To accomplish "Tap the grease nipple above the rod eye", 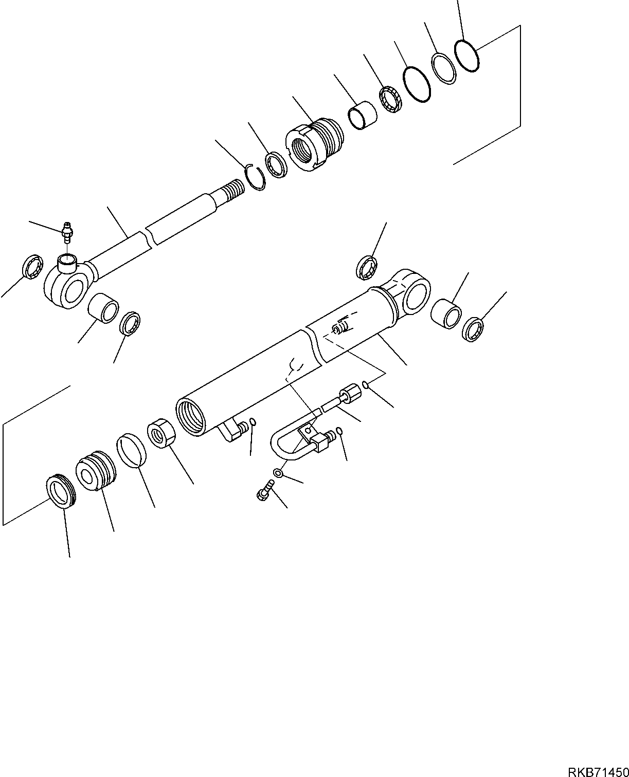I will tap(66, 231).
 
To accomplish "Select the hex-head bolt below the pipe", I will tap(263, 491).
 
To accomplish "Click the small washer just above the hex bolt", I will tap(278, 472).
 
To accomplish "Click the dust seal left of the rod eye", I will tap(33, 267).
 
